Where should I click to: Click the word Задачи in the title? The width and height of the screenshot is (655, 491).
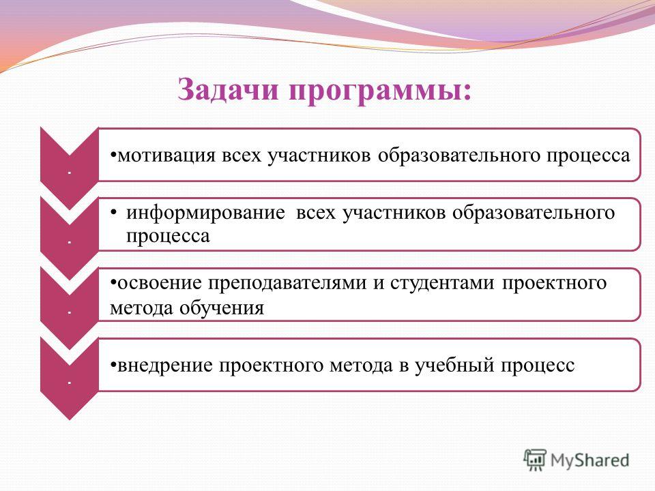[x=228, y=89]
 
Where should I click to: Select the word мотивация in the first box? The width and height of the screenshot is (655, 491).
[x=166, y=155]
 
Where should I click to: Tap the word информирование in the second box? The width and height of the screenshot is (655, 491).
[x=205, y=213]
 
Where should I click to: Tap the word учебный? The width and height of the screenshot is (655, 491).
[x=455, y=366]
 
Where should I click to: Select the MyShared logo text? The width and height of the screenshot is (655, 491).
[x=589, y=460]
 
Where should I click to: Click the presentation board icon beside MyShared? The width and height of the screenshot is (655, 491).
[x=535, y=460]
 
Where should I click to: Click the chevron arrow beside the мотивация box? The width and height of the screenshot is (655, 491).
[x=70, y=168]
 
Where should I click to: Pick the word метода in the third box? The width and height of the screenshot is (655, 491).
[x=142, y=309]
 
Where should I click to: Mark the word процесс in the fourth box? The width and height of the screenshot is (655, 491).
[x=538, y=366]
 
